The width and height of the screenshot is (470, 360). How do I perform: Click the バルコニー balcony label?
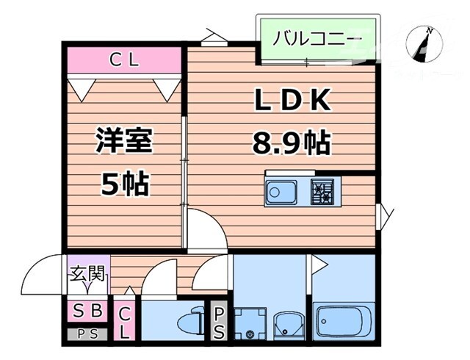coord(317,37)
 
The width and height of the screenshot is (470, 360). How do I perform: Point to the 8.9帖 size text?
coord(291,142)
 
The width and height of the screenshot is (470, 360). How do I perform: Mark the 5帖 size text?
coord(124,184)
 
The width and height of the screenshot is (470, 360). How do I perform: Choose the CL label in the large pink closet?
coord(123,60)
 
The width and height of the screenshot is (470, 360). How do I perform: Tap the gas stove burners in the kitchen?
coord(322,192)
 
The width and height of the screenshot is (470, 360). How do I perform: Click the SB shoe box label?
coord(87,310)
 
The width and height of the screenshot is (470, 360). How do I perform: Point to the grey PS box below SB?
coord(87,333)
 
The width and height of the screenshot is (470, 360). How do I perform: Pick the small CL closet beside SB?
coord(125,322)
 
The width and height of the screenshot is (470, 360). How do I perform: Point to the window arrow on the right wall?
coord(385,215)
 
